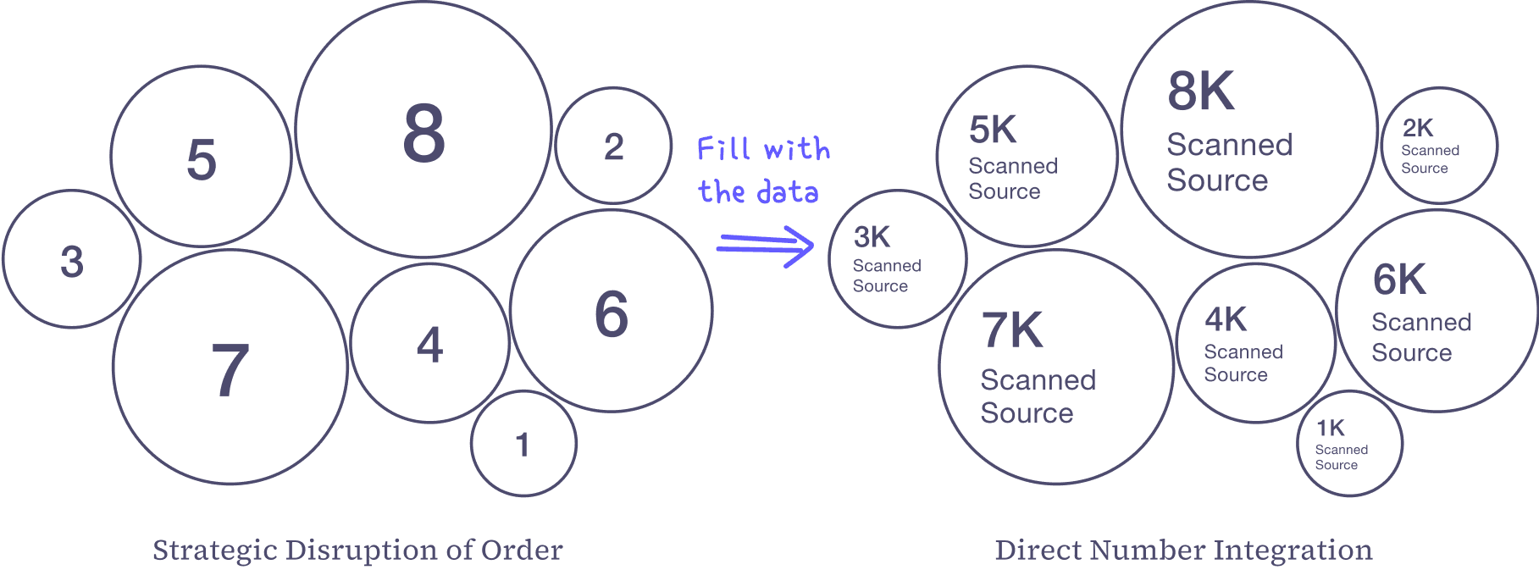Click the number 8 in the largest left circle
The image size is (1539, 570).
pos(424,134)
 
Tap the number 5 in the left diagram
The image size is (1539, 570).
pos(202,159)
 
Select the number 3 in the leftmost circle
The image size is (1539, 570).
pos(72,262)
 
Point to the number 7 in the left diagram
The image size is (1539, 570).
pos(230,371)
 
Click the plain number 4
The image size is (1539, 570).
pos(429,345)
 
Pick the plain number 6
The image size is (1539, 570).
pos(612,314)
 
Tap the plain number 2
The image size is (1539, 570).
pos(613,147)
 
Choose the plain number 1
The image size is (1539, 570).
pos(523,445)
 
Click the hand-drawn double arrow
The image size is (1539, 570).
pos(765,246)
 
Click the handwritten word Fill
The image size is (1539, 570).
pos(723,149)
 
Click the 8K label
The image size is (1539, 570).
pos(1200,91)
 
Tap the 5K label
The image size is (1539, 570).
pos(992,130)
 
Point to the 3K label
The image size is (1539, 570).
pos(872,237)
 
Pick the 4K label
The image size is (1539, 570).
pos(1225,320)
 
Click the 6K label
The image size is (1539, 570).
pos(1399,280)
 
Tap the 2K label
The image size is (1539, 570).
pos(1418,128)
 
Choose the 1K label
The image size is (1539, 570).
pos(1330,429)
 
